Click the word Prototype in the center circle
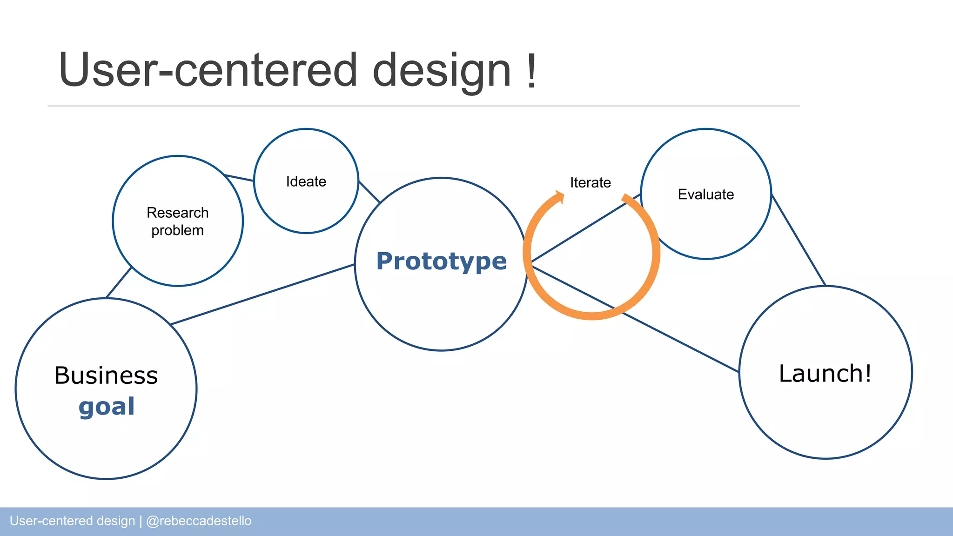pos(441,261)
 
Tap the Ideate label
pos(306,181)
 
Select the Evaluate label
pos(705,194)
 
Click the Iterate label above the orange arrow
pos(590,183)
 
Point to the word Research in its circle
pos(177,213)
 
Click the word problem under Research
pos(177,230)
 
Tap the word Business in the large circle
pos(106,375)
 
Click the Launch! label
pos(825,374)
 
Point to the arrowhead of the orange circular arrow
pos(560,196)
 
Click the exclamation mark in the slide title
pos(531,71)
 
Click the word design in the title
pos(442,71)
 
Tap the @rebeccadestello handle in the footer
pos(199,521)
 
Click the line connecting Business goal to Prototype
pos(263,294)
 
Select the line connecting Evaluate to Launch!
pos(798,240)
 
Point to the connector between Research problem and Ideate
pos(239,178)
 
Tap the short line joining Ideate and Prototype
pos(369,192)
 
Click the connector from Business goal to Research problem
pos(119,282)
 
